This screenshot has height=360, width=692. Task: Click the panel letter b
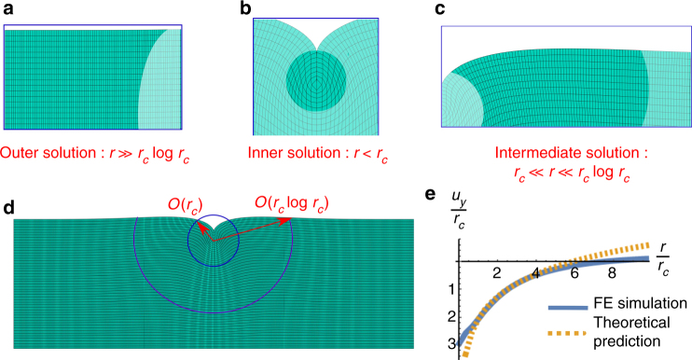pos(245,8)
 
